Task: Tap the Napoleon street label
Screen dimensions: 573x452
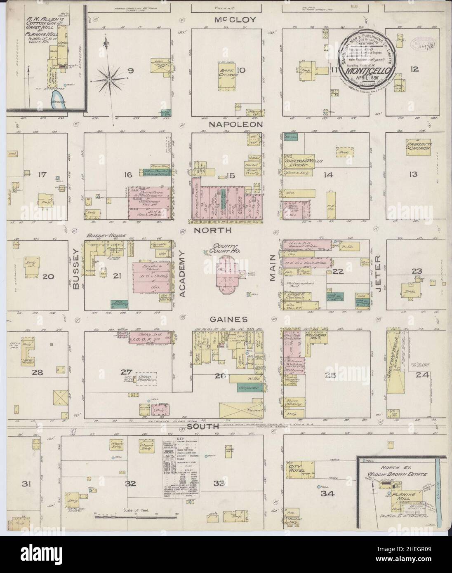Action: [x=230, y=124]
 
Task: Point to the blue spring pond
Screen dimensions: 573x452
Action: [x=57, y=99]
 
